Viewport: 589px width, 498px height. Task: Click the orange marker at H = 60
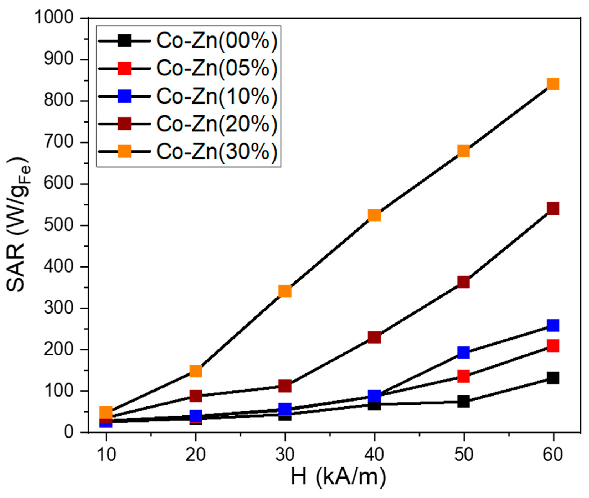(553, 84)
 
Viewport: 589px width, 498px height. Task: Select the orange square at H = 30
(284, 291)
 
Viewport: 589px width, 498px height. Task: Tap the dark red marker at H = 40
(374, 337)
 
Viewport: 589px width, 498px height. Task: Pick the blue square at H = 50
(464, 352)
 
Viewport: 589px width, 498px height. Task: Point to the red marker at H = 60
(553, 346)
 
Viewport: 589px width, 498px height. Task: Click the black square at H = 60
(553, 378)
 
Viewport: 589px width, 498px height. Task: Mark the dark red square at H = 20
(196, 395)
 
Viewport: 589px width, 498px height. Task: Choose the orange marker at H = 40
(374, 215)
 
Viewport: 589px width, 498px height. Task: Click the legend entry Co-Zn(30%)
(217, 152)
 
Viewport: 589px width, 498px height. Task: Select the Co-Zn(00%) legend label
(217, 41)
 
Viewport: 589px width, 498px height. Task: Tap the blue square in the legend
(124, 96)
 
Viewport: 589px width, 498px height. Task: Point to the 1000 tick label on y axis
(53, 18)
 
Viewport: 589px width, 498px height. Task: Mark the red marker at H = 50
(464, 376)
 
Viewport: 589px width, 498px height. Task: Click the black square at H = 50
(464, 401)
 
